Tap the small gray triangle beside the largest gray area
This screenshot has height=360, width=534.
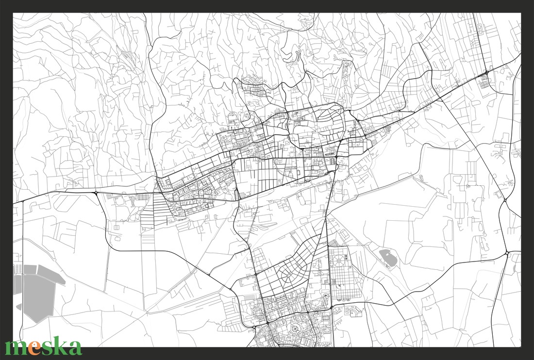click(19, 307)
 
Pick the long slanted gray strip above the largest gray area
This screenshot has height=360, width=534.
click(50, 274)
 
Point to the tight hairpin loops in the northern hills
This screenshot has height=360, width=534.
click(294, 56)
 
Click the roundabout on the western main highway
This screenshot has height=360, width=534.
click(97, 193)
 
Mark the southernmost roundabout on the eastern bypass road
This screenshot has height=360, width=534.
click(507, 253)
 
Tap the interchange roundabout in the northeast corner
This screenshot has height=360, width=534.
click(487, 73)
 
